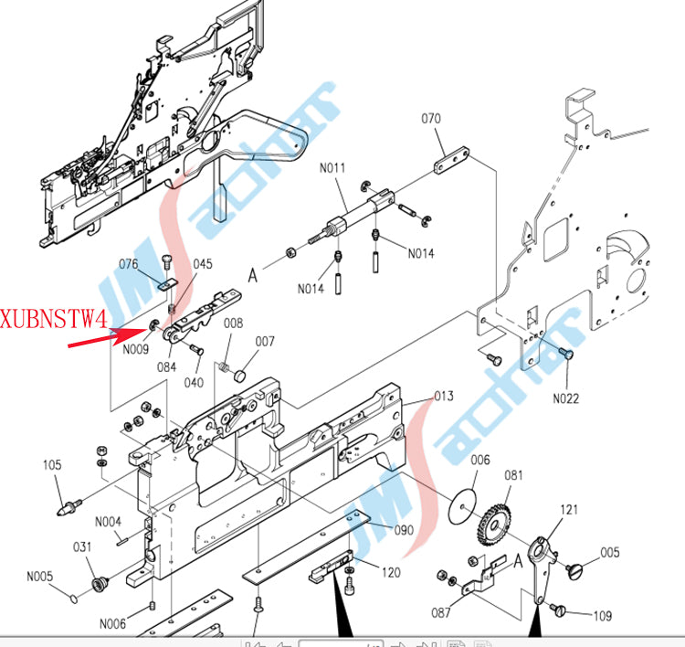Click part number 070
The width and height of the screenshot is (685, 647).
[431, 119]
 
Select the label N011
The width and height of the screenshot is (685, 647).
[333, 167]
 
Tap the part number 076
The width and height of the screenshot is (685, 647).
[129, 264]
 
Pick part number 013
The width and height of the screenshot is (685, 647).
[443, 396]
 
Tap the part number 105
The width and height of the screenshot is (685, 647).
[53, 465]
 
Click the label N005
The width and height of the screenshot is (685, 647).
[39, 577]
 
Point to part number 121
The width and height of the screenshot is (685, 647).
[569, 509]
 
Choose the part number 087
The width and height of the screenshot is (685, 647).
[441, 612]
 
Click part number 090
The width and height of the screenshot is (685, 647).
[404, 530]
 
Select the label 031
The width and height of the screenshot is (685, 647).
[83, 546]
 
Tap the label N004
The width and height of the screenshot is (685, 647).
[109, 522]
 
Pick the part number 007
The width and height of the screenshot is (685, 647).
[265, 342]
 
